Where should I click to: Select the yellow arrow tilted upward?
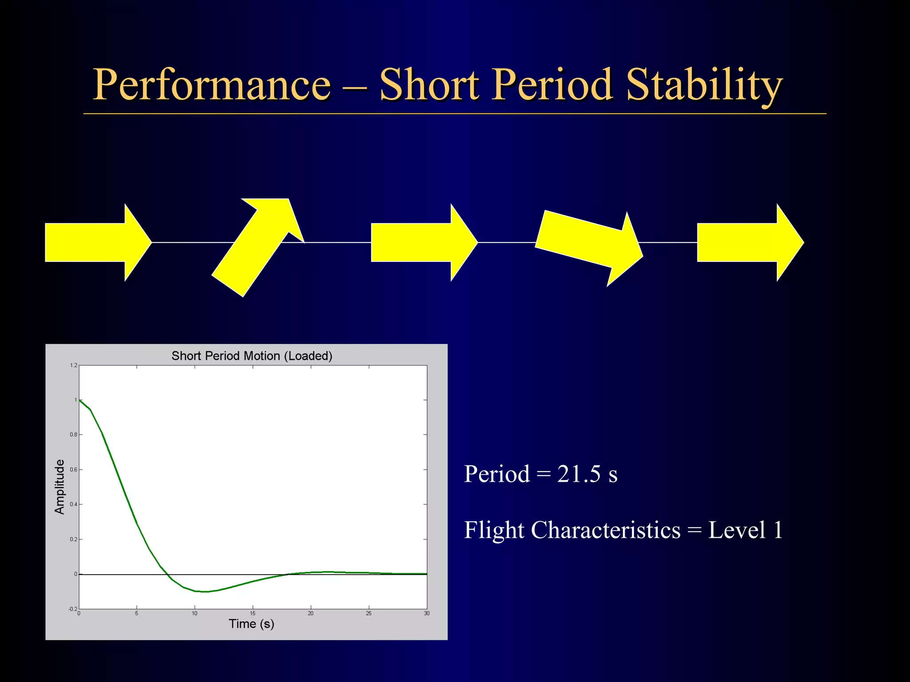click(255, 249)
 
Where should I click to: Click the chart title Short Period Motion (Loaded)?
click(252, 356)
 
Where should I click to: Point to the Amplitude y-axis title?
click(60, 487)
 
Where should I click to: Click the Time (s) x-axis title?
click(251, 624)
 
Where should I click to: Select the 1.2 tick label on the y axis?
click(73, 365)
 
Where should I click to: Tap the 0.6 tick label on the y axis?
click(73, 470)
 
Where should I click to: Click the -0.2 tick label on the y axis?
click(72, 609)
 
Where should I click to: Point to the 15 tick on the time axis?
click(252, 614)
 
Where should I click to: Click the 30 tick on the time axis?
click(427, 614)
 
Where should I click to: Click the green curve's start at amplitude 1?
click(80, 400)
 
